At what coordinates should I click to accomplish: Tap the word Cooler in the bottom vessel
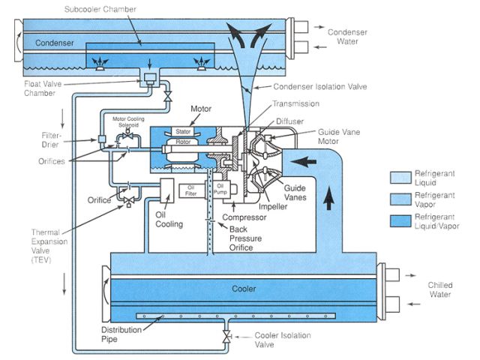[x=244, y=289]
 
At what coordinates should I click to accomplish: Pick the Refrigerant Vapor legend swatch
[x=402, y=197]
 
